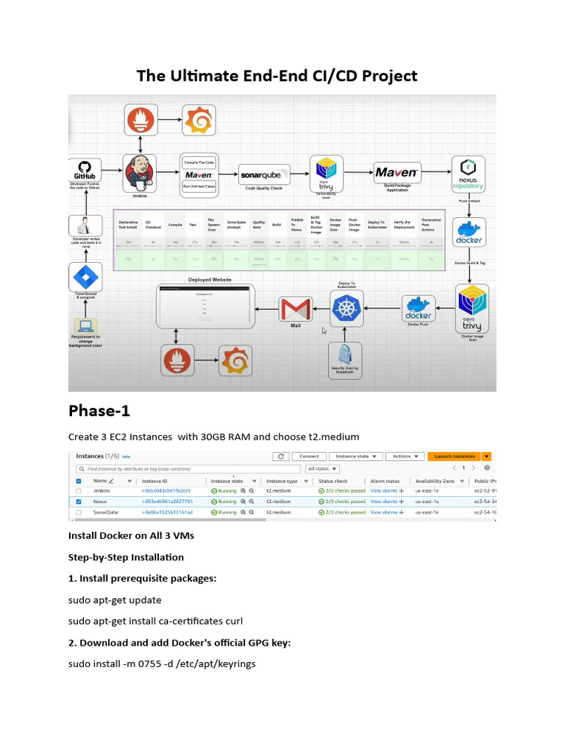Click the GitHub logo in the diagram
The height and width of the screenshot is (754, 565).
[85, 172]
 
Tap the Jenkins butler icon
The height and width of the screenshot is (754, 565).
[139, 172]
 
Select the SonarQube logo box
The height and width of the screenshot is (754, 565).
[265, 175]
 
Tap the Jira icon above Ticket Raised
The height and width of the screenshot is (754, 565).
[85, 278]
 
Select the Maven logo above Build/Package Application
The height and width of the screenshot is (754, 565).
[398, 173]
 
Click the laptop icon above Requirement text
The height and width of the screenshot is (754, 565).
[85, 325]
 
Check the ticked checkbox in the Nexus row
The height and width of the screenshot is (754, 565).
[79, 501]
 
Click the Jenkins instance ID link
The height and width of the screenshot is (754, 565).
[166, 490]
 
